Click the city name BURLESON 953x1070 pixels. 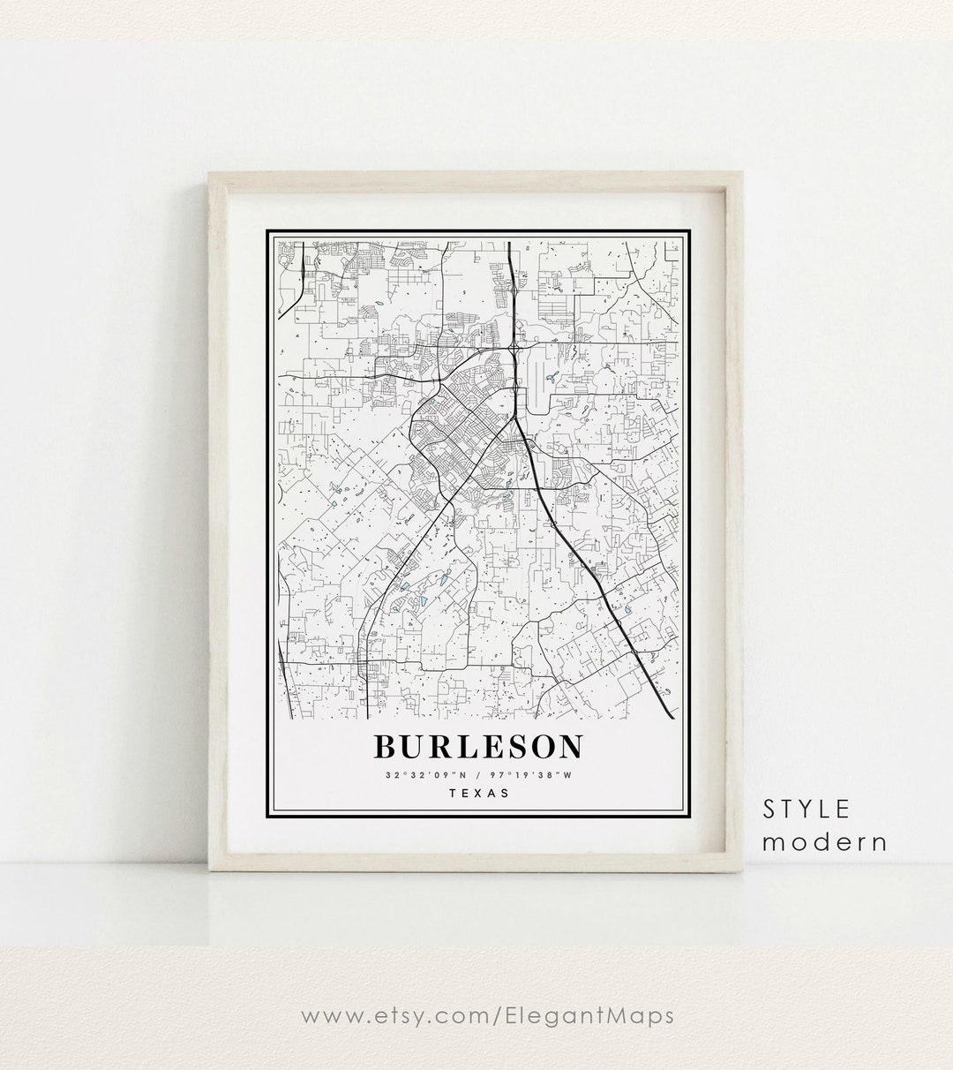click(478, 746)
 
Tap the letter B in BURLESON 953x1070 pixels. click(386, 746)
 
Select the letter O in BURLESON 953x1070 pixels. click(541, 746)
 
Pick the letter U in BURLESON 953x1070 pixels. click(415, 746)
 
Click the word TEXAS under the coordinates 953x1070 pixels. click(479, 793)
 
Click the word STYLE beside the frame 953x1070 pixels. click(807, 809)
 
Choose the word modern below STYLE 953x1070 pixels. click(825, 841)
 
